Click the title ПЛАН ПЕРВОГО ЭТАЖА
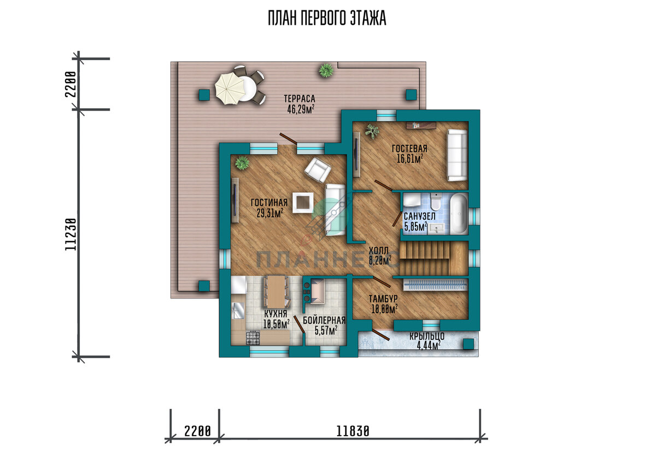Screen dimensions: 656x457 327,19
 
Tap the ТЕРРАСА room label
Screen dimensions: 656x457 300,98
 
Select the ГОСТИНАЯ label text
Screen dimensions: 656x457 269,203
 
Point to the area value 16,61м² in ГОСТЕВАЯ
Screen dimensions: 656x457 409,159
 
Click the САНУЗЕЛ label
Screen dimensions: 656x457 419,216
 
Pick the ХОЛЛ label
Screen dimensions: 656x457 378,250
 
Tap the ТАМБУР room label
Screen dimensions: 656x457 383,298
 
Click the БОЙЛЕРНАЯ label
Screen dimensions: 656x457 324,320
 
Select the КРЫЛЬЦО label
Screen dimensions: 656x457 427,336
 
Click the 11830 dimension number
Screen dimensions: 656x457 353,431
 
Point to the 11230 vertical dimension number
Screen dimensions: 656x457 71,234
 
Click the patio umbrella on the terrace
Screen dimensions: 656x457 230,88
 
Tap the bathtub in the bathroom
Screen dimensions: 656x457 458,214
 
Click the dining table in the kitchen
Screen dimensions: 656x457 277,291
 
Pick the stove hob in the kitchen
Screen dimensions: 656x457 253,337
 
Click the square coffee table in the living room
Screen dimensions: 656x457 303,202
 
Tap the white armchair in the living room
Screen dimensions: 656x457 318,170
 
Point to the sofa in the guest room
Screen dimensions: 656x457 456,155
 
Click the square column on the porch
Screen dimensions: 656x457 468,344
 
